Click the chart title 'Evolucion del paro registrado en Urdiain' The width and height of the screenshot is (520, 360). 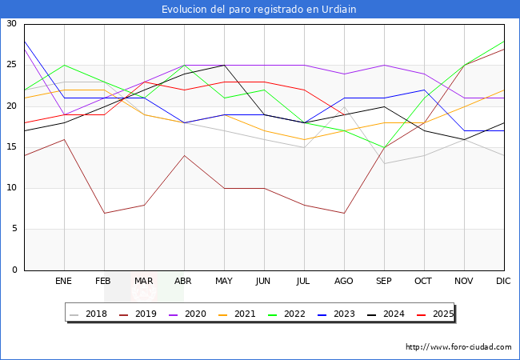click(x=259, y=10)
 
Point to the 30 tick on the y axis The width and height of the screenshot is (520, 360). click(x=11, y=24)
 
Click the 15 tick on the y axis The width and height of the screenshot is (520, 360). click(x=11, y=147)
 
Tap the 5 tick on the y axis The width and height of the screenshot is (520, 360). click(x=14, y=230)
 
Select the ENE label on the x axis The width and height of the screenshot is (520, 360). click(x=64, y=282)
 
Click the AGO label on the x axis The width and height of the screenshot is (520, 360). click(x=344, y=282)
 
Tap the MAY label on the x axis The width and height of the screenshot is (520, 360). click(x=224, y=282)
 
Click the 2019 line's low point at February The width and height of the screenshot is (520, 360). click(x=104, y=213)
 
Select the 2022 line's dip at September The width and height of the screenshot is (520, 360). click(x=384, y=147)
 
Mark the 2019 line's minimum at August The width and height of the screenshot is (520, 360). click(x=344, y=213)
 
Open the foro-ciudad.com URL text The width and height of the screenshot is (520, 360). click(x=458, y=347)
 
